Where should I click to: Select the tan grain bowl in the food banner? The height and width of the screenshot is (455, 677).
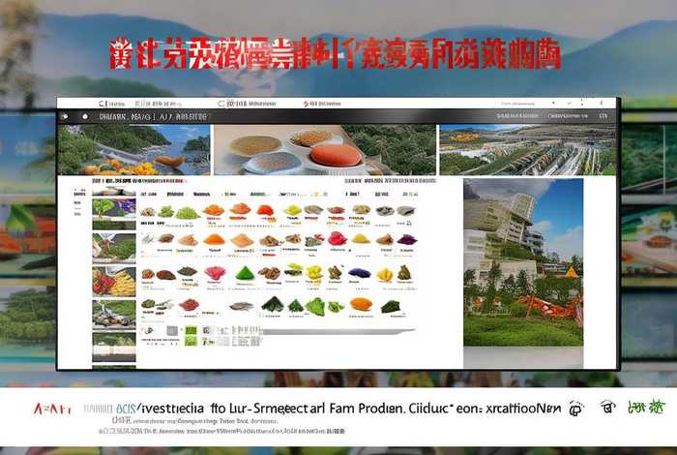255,146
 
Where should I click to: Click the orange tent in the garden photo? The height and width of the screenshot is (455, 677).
571,272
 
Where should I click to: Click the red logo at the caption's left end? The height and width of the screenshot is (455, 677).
52,409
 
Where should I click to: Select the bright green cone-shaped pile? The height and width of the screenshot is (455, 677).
245,273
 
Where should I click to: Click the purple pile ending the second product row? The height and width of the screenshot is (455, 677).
406,239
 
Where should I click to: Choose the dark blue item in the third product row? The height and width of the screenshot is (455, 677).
360,273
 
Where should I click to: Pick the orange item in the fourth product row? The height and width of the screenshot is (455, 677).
360,304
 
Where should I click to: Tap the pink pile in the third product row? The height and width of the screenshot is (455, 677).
215,273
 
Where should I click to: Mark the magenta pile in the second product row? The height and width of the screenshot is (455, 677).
337,238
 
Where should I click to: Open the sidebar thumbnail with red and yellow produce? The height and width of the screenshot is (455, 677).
114,282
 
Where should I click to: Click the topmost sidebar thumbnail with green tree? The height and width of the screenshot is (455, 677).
114,206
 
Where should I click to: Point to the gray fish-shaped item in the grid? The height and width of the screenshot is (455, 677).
242,306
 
